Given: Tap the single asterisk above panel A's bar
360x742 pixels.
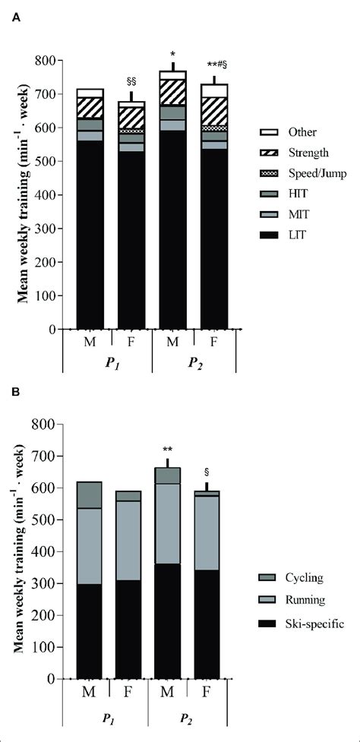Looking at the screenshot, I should click(x=173, y=54).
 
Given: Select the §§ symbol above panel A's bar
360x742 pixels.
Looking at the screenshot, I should click(x=131, y=81).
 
